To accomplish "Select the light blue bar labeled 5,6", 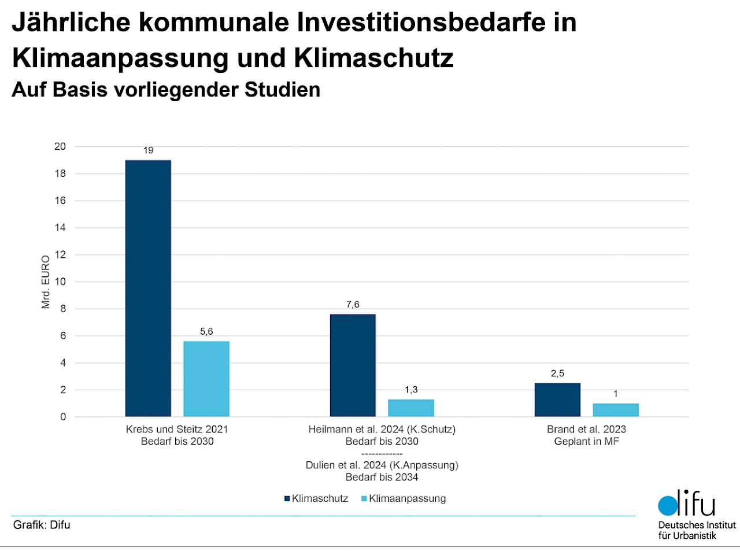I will point(206,379).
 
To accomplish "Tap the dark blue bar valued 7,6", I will point(353,365).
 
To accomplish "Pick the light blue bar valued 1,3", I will point(411,408).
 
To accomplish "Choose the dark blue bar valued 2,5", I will point(557,399).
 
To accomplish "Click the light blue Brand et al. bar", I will point(616,410).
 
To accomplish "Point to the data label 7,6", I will point(353,305).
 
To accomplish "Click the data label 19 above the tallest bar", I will point(148,150).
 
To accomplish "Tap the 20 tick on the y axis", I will point(60,146).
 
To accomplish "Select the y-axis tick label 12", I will point(60,254).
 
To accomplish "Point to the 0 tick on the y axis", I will point(63,417).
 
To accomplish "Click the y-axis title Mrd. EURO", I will point(46,282).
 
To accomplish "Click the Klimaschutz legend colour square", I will point(287,499).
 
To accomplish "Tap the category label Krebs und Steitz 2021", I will point(177,430).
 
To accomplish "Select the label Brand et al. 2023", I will point(586,430).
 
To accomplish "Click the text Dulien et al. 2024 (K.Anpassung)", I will point(382,465).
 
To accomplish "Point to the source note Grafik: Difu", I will point(42,525).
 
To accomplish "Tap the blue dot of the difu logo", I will point(667,506).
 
